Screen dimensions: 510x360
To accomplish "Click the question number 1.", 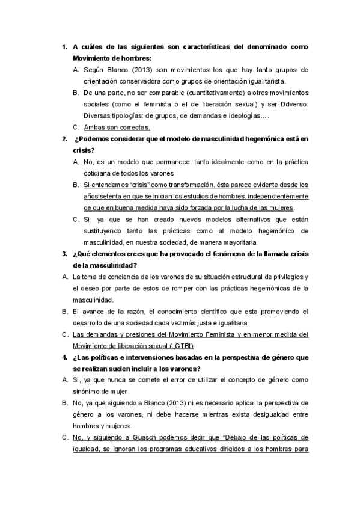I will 64,46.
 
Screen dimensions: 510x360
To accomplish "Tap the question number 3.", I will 64,253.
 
